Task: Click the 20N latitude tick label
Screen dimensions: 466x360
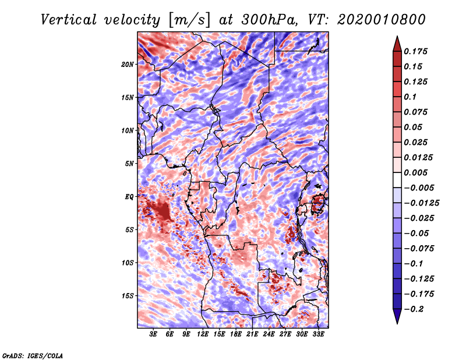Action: [x=128, y=65]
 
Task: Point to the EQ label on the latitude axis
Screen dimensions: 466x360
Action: [x=129, y=197]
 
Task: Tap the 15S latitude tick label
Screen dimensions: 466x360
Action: [x=128, y=296]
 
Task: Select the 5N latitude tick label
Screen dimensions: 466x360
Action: [x=129, y=164]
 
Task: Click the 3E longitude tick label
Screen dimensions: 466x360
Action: [x=153, y=334]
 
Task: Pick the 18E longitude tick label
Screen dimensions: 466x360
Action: [x=236, y=334]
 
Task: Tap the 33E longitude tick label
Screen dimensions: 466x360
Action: [x=318, y=334]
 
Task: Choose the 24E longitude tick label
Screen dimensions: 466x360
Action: [x=269, y=334]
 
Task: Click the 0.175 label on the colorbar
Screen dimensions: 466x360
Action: [x=415, y=51]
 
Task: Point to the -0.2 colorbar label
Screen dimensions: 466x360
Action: [x=414, y=309]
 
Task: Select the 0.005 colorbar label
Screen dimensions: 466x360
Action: [x=415, y=172]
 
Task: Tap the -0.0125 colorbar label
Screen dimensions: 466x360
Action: [x=421, y=203]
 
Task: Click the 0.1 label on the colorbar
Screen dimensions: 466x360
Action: [x=410, y=97]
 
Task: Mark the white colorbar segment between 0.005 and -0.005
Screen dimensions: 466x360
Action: [x=397, y=180]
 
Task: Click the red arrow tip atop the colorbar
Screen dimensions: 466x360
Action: [x=397, y=37]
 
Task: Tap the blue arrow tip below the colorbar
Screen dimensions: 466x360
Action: [x=397, y=323]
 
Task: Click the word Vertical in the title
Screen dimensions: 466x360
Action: [x=69, y=20]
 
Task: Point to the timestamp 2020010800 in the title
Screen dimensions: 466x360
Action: [x=382, y=20]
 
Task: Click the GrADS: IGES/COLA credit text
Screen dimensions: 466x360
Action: [x=33, y=356]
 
